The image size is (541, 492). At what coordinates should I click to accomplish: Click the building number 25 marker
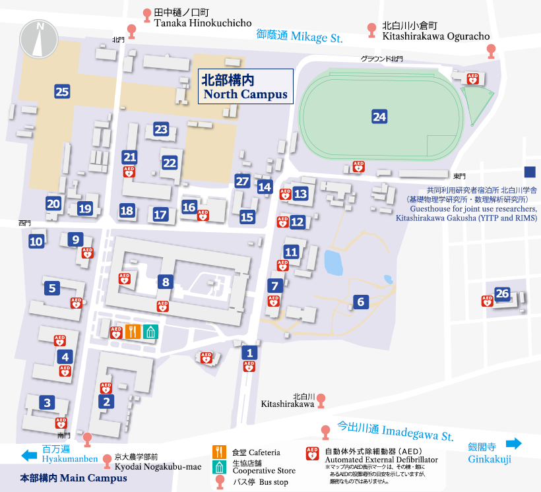(x=63, y=92)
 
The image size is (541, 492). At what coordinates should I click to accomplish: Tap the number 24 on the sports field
(x=379, y=117)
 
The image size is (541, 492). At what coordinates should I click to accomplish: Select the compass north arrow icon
(x=40, y=38)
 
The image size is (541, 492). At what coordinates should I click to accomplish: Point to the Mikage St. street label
(x=300, y=36)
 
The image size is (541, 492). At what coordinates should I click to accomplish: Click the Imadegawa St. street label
(x=395, y=431)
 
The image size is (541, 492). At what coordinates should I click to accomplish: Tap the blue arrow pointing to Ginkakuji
(x=513, y=443)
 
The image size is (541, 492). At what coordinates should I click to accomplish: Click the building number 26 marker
(x=503, y=293)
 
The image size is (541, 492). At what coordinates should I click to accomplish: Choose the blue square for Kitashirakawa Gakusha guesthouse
(x=530, y=172)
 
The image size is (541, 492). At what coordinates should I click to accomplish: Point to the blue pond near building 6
(x=334, y=262)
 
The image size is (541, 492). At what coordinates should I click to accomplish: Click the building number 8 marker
(x=166, y=282)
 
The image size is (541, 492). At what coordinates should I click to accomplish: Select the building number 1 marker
(x=249, y=353)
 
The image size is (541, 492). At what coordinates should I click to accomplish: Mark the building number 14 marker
(x=265, y=187)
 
